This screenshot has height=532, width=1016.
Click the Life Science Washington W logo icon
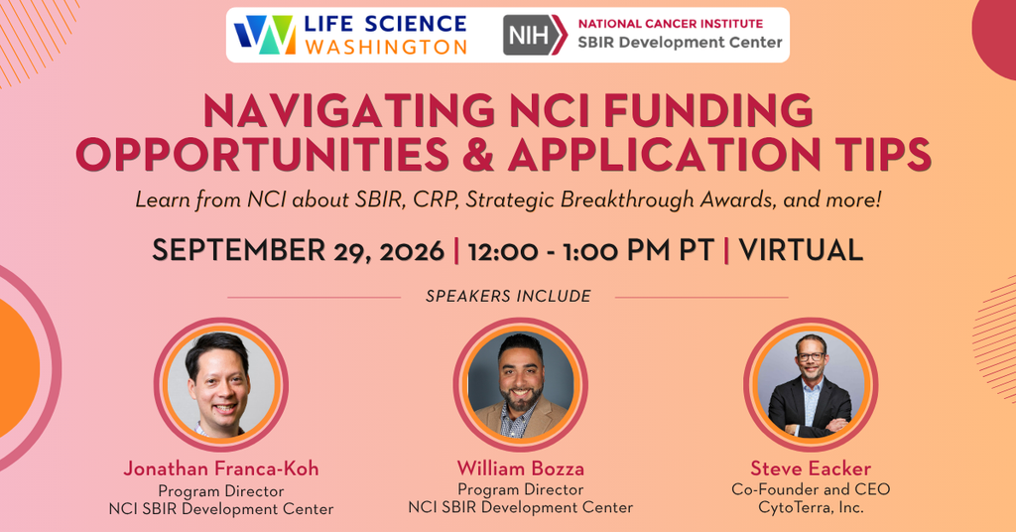click(x=265, y=35)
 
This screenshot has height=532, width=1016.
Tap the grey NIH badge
click(x=535, y=35)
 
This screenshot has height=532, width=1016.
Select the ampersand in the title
click(x=479, y=154)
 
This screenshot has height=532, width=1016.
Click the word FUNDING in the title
click(x=708, y=111)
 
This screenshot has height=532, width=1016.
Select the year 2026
click(x=412, y=251)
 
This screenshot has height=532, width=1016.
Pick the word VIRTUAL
click(x=801, y=250)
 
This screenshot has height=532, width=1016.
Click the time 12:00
click(x=503, y=251)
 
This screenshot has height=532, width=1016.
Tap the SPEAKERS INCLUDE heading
click(x=508, y=296)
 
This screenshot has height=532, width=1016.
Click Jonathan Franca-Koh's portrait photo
click(x=221, y=384)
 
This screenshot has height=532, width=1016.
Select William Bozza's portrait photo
click(x=520, y=384)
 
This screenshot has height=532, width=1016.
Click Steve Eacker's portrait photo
click(x=811, y=384)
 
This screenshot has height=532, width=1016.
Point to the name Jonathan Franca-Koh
click(x=221, y=468)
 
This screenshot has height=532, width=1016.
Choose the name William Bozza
click(x=520, y=467)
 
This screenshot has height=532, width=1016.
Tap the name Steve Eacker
click(x=811, y=467)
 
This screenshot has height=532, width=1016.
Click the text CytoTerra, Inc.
click(x=812, y=507)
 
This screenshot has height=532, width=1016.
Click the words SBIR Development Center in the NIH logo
click(x=681, y=43)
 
